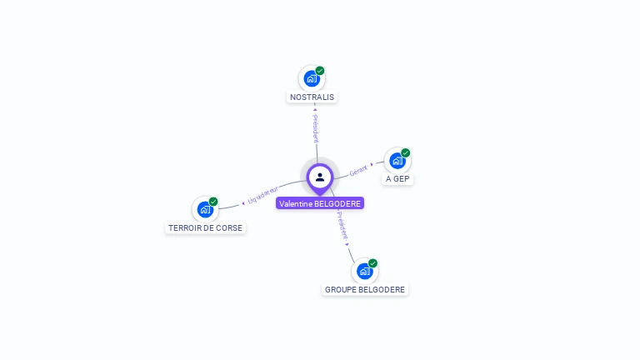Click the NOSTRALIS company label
[x=312, y=97]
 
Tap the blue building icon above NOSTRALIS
[x=312, y=79]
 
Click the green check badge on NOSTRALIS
[x=320, y=71]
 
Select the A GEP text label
[x=397, y=178]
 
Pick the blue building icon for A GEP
[x=397, y=161]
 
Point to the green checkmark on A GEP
[x=406, y=152]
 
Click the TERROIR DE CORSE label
[x=205, y=227]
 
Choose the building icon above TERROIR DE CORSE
[x=205, y=210]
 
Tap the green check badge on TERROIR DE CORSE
[x=213, y=202]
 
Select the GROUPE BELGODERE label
[x=365, y=289]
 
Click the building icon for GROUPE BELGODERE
[x=364, y=272]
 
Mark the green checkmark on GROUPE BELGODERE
[x=372, y=263]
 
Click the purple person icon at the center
[x=320, y=177]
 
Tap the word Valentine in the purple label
[x=296, y=203]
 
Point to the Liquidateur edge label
[x=263, y=196]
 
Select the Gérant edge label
[x=358, y=169]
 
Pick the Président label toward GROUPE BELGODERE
[x=342, y=226]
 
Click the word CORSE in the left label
[x=228, y=227]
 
